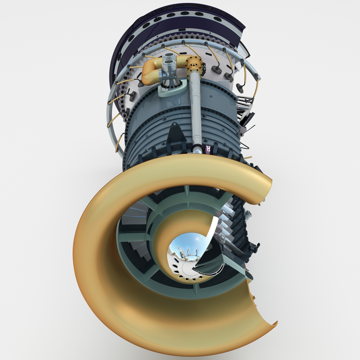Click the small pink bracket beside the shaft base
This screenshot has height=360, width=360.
point(208,148)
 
